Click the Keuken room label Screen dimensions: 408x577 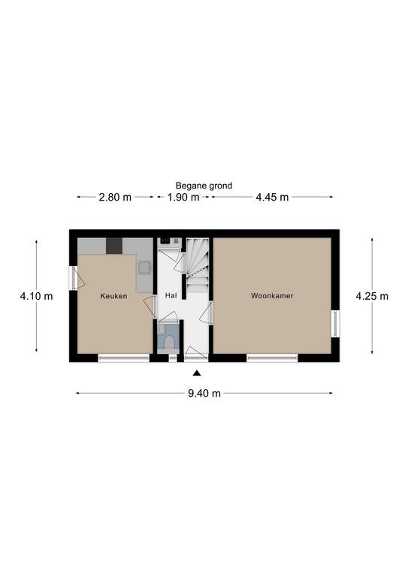coord(113,296)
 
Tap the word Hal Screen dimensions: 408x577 coord(171,295)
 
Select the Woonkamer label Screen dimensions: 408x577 coord(272,295)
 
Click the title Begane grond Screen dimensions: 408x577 coord(204,186)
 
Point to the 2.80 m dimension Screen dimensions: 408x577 coord(115,198)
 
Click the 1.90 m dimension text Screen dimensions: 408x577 coord(183,198)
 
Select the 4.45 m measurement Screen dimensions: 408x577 coord(272,198)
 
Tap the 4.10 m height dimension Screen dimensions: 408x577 coord(36,296)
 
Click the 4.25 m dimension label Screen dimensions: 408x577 coord(372,296)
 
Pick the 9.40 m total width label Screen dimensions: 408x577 coord(204,394)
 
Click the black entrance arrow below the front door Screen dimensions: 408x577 coord(197,373)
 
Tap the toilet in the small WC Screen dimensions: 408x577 coord(169,343)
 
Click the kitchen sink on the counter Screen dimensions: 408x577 coord(144,267)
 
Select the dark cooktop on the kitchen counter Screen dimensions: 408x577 coord(114,246)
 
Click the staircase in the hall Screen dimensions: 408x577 coord(197,264)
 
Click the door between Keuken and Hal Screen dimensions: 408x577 coord(150,307)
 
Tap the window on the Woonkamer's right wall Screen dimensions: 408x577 coord(335,324)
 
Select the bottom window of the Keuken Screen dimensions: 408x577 coord(124,358)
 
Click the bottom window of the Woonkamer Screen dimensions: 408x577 coord(272,358)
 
